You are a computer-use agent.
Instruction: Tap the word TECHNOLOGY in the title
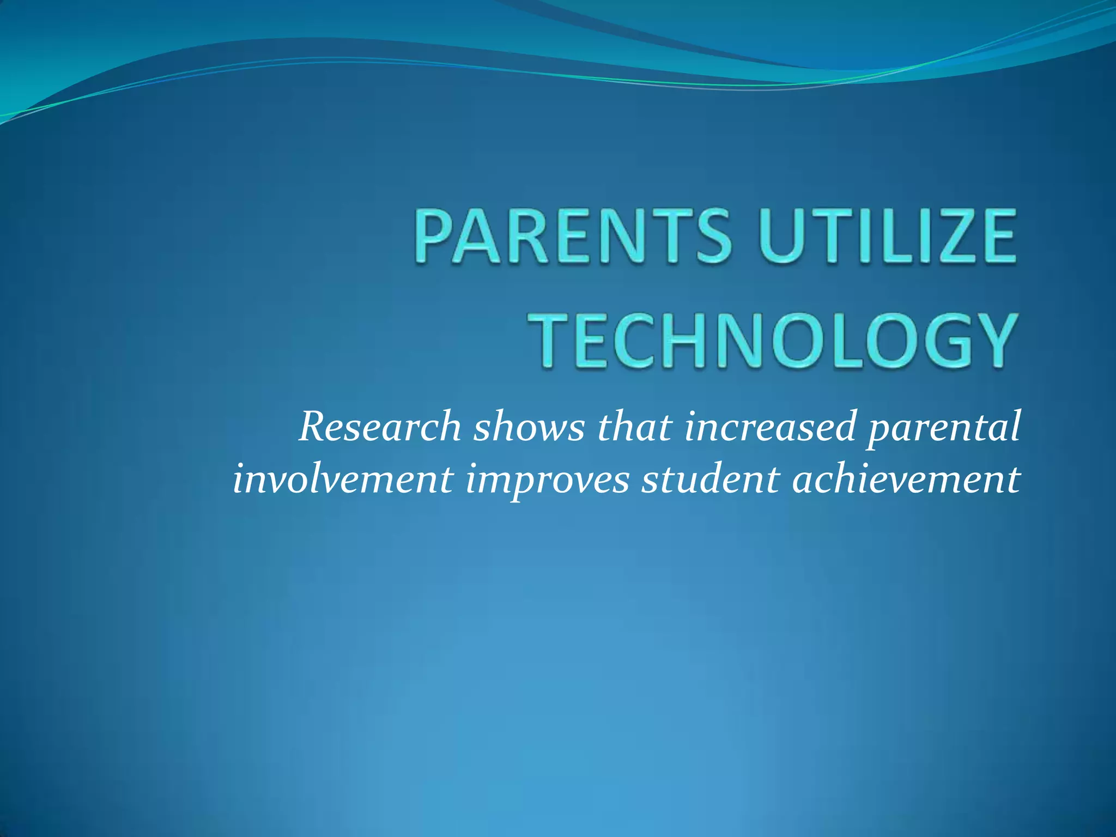click(774, 340)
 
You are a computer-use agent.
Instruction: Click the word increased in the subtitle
click(769, 427)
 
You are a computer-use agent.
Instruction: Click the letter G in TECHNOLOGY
click(924, 340)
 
